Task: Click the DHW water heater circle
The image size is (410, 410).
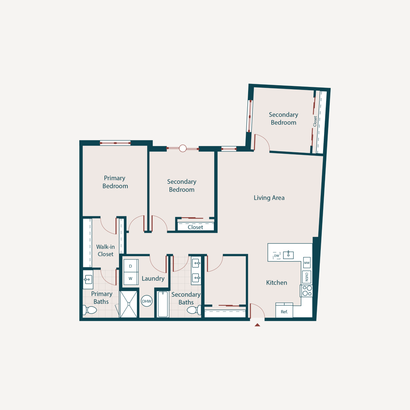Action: click(147, 301)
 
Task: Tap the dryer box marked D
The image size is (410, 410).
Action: click(131, 266)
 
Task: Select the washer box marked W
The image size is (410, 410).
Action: click(131, 279)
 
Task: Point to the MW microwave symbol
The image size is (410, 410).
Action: click(307, 263)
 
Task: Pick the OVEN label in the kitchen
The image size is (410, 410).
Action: click(307, 277)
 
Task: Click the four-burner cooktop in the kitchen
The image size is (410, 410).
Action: click(307, 291)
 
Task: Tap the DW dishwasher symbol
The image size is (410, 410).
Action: click(277, 256)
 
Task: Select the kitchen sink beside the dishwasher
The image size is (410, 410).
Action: click(288, 255)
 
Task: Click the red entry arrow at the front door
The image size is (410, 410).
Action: click(257, 325)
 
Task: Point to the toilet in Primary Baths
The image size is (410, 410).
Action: click(90, 310)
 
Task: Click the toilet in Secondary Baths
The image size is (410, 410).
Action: click(193, 310)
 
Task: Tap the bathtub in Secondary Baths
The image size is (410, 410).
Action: click(163, 304)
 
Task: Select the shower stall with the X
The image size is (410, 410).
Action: click(128, 304)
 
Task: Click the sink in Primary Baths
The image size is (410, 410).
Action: click(88, 279)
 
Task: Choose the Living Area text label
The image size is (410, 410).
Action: click(269, 198)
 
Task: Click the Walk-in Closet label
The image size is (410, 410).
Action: click(105, 250)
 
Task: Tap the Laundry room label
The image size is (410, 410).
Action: click(153, 279)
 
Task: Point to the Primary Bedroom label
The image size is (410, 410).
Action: click(115, 182)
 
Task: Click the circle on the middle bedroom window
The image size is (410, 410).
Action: click(183, 148)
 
